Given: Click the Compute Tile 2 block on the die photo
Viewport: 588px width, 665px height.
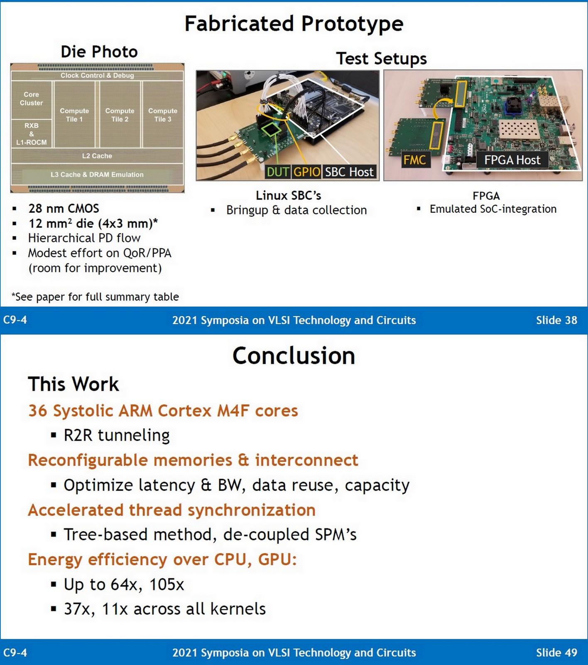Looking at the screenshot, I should tap(120, 115).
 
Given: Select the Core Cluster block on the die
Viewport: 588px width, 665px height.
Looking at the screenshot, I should tap(31, 99).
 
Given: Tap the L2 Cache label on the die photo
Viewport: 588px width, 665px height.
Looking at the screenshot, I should tap(97, 156).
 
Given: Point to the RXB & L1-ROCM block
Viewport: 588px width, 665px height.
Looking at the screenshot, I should tap(32, 133).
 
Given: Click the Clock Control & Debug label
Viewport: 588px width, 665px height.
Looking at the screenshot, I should tap(97, 75).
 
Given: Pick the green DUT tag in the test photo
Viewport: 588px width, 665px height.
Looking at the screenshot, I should tap(278, 172).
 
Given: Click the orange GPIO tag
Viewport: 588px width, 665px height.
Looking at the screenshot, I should tap(307, 172).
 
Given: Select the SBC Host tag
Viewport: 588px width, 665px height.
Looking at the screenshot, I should tap(349, 172).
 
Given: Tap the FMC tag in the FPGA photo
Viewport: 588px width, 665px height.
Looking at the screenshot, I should tap(414, 160).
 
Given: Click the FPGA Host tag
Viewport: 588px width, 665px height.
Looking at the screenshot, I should tap(512, 160).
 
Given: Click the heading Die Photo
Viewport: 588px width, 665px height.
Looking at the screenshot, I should tap(99, 52).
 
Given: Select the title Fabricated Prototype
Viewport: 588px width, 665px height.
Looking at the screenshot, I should tap(294, 24).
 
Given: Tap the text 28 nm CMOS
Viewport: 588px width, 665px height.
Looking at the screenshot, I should tap(64, 208).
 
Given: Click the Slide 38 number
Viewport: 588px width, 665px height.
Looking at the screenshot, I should tap(556, 320).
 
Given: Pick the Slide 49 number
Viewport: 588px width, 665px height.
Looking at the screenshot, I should tap(556, 653).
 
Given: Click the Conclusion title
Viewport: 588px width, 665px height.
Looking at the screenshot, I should tap(294, 356).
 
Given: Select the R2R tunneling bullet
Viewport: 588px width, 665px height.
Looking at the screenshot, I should tap(116, 435).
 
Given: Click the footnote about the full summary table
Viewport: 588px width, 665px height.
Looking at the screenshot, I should tap(95, 297).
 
